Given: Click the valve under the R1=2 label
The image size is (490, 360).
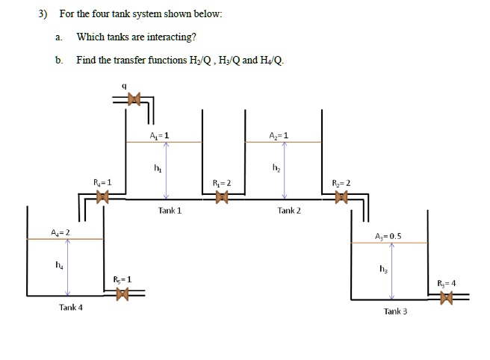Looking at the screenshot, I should point(220,198).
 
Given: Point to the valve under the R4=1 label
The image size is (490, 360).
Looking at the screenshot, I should point(102,198).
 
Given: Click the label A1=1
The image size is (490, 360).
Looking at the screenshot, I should point(158,135).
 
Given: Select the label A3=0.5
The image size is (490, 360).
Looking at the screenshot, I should point(388,235).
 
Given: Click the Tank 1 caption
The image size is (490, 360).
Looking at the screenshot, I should point(170,211).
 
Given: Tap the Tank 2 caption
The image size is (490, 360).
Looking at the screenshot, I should point(289,211).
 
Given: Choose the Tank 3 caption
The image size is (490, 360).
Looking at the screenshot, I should point(395,311).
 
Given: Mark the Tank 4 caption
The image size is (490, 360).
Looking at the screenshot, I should point(71,307).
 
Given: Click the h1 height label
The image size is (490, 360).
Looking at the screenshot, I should point(157,167).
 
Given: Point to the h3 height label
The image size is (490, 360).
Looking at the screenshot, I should point(383,269).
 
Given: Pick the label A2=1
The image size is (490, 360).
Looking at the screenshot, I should point(278,135).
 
